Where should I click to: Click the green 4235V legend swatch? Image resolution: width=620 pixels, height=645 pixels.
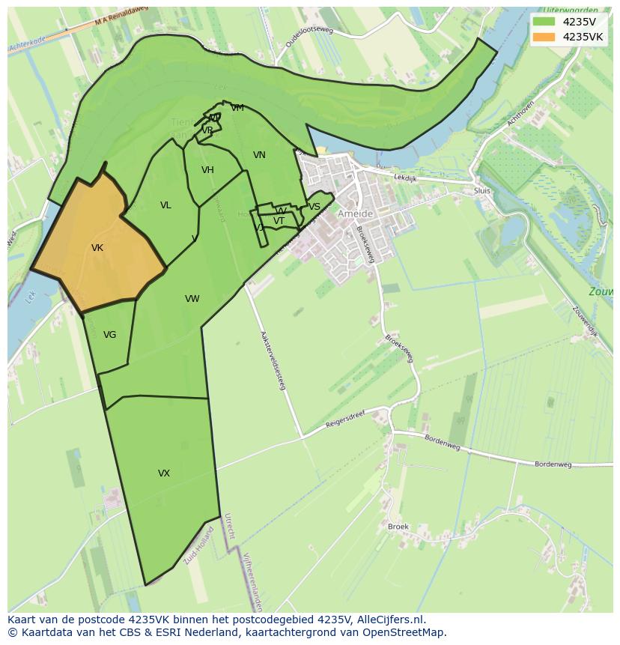544,21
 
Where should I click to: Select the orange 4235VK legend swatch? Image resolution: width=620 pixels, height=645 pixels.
544,37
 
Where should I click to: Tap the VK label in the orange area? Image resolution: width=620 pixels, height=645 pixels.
97,248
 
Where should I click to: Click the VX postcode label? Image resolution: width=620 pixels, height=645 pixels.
164,473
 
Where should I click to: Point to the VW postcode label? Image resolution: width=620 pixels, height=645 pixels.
192,299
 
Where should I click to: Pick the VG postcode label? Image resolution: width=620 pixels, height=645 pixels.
110,335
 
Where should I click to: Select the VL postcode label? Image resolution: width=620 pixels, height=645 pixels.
165,205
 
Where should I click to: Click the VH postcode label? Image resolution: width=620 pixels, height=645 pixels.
207,170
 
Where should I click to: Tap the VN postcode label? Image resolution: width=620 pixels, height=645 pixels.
259,155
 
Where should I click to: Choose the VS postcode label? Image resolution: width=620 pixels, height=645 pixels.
314,207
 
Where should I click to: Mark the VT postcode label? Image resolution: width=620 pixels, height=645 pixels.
279,221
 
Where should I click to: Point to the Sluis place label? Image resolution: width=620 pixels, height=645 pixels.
482,191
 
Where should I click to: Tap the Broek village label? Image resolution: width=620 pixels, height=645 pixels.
398,527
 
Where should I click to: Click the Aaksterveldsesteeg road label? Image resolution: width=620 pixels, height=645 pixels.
273,361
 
